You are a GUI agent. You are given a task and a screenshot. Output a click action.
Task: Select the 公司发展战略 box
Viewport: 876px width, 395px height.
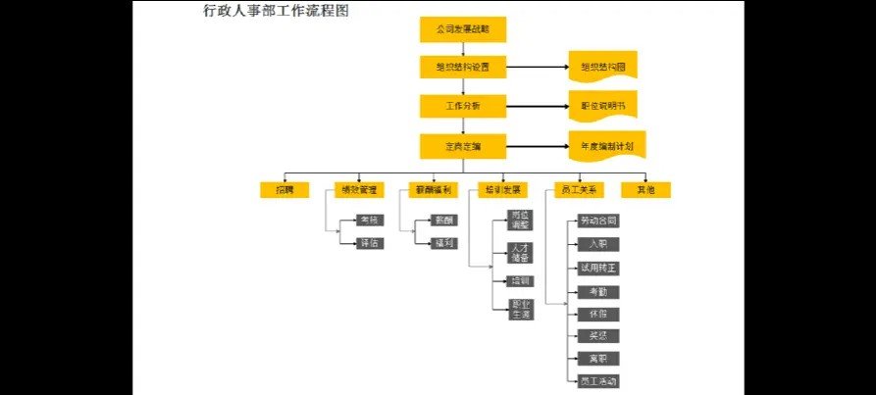(462, 30)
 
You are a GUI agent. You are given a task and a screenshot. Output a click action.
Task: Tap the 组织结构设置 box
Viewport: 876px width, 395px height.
(462, 68)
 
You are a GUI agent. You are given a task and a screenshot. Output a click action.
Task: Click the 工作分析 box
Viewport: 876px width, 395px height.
(462, 105)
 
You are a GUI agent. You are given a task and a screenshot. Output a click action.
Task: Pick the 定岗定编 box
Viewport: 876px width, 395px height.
(462, 146)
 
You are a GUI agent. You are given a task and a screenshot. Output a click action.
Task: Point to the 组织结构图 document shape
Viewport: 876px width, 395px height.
(602, 67)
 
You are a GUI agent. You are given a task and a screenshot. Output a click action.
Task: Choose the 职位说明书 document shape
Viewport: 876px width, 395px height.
(602, 105)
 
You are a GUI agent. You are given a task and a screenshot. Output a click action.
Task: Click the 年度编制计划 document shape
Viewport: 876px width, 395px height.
(606, 145)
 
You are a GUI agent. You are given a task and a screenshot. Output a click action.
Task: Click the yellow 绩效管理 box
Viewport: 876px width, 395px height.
(355, 189)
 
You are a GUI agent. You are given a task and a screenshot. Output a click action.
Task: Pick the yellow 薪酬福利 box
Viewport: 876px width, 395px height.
(430, 189)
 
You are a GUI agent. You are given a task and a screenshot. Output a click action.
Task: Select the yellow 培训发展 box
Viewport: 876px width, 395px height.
(502, 189)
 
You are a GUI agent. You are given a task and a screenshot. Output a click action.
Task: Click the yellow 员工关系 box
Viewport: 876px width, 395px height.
(578, 189)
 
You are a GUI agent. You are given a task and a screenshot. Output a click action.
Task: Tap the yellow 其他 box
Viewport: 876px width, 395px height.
(645, 189)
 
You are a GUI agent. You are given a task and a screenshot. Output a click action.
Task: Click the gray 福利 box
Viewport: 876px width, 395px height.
(443, 243)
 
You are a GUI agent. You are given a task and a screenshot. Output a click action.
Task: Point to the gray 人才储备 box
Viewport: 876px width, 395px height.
(520, 252)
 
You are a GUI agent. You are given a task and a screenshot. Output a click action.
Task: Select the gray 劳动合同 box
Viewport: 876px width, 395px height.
(598, 221)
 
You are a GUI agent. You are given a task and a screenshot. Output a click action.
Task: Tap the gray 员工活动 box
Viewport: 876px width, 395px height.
(598, 380)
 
